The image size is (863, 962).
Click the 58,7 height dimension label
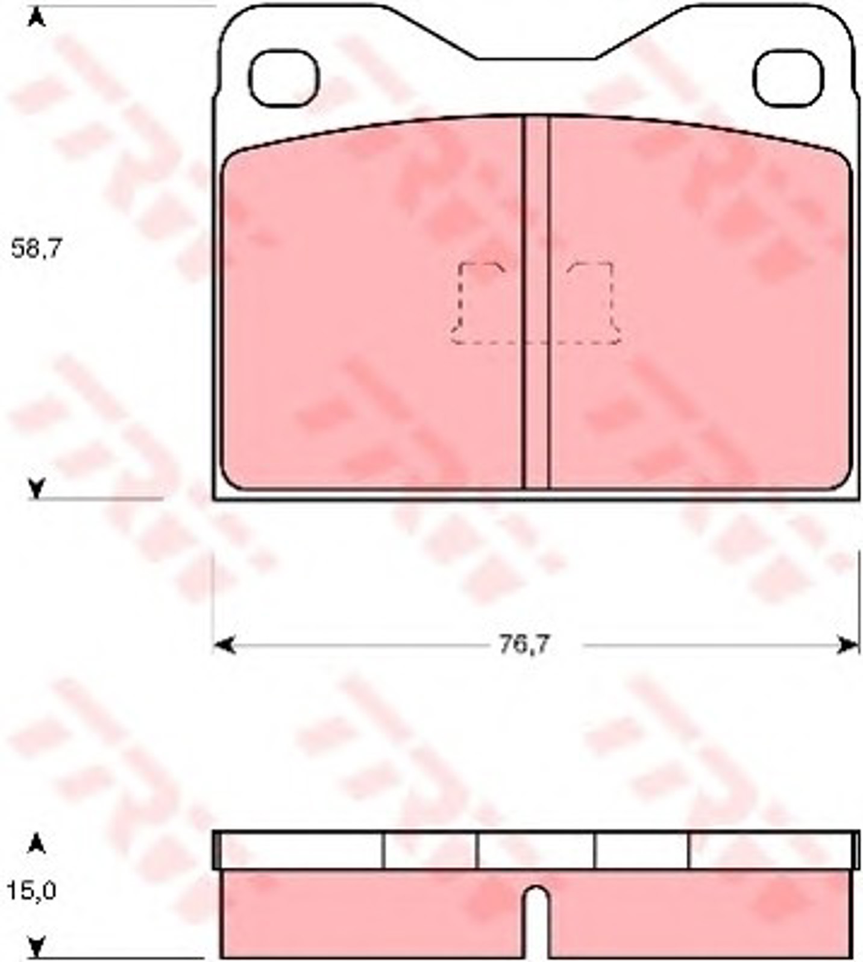point(37,248)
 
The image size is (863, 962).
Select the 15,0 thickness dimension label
point(32,891)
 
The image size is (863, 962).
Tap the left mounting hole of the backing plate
point(284,79)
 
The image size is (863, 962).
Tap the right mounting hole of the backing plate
point(788,79)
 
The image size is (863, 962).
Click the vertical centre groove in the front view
point(536,301)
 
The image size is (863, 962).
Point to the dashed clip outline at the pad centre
point(536,303)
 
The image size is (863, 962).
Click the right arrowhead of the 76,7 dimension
point(849,646)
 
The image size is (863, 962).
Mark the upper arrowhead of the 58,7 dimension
point(37,18)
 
